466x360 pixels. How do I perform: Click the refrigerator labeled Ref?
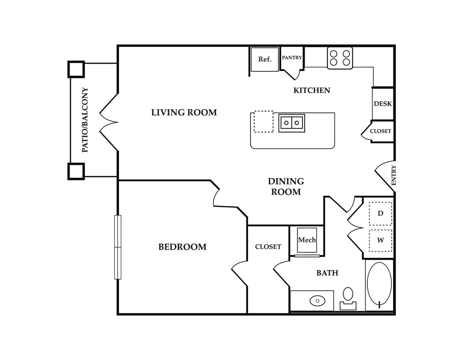265,59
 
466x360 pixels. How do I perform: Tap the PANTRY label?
292,58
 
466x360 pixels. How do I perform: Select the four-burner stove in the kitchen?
340,58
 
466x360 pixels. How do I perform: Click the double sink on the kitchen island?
291,123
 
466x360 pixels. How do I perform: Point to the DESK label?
383,104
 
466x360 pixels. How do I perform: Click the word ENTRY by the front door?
394,175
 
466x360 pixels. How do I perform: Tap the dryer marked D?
381,213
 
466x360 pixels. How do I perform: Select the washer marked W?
381,240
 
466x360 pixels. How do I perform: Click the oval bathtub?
379,284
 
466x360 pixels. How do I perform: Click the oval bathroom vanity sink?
317,301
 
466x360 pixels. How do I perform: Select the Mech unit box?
307,240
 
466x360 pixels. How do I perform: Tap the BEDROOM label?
182,247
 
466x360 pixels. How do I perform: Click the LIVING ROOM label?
184,112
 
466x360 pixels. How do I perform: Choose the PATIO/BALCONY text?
85,120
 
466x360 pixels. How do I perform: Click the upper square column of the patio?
76,70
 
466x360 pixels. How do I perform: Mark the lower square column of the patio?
76,171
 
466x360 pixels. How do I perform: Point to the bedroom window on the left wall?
118,247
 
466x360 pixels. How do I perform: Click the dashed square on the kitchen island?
264,122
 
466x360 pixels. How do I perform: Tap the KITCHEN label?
312,90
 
